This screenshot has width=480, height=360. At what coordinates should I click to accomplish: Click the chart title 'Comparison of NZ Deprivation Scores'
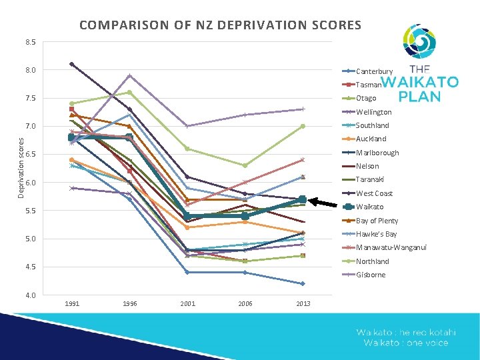(x=220, y=26)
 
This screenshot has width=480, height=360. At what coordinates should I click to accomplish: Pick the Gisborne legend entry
(x=370, y=275)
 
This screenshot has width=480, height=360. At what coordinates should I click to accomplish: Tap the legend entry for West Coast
(x=374, y=193)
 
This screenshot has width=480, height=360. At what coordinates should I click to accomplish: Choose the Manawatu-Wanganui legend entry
(x=391, y=247)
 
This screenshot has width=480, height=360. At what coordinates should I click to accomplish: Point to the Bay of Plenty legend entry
(x=377, y=221)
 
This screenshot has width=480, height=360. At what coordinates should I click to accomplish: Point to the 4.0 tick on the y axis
(x=31, y=295)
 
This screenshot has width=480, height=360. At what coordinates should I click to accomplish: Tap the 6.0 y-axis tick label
(x=31, y=183)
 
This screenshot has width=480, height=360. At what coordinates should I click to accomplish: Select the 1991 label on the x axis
(x=72, y=304)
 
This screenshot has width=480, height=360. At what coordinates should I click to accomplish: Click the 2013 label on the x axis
(x=303, y=304)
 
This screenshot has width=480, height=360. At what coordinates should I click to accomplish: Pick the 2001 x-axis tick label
(x=187, y=304)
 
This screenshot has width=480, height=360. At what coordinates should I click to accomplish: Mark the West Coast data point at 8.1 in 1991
(x=71, y=64)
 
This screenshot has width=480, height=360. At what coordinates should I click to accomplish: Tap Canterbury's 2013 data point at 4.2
(x=303, y=283)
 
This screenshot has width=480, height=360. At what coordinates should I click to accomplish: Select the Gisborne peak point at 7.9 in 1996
(x=129, y=75)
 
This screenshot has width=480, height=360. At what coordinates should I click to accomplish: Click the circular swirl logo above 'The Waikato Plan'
(x=419, y=41)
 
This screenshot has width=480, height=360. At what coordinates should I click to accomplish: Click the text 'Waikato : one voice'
(x=405, y=343)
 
